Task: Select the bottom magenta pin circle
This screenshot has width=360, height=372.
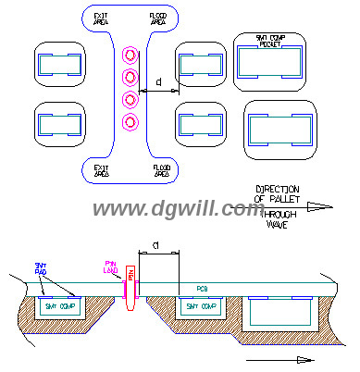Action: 130,121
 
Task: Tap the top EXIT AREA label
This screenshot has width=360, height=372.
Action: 100,19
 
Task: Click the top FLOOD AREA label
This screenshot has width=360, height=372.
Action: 159,19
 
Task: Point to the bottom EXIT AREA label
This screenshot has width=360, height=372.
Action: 100,169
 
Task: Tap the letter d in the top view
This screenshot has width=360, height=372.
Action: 159,84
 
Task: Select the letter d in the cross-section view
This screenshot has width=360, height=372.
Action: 155,244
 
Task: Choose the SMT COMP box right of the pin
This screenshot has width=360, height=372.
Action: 200,304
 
